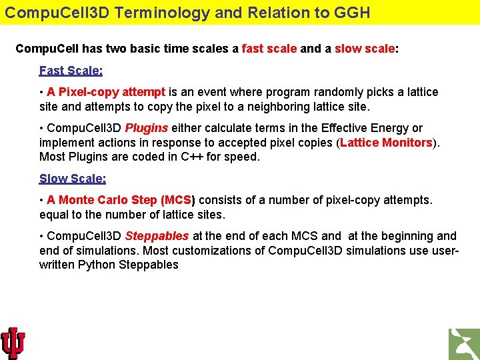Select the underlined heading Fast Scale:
click(71, 71)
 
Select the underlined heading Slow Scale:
click(72, 179)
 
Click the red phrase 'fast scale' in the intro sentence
click(269, 49)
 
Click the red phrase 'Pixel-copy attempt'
click(105, 92)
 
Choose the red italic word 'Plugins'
click(146, 128)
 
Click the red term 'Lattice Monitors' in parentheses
click(386, 143)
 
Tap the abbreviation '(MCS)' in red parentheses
click(178, 200)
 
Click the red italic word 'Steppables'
click(157, 236)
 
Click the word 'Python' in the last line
click(97, 265)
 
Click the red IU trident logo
click(13, 343)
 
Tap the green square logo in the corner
click(464, 344)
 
